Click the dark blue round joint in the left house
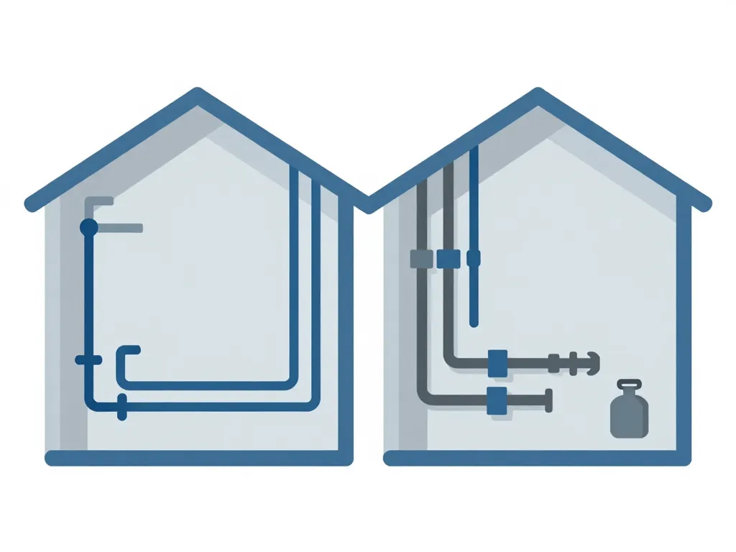click(x=88, y=228)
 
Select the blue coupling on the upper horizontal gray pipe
click(x=497, y=363)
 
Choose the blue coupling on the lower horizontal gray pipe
click(x=497, y=400)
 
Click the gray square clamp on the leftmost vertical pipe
click(x=421, y=259)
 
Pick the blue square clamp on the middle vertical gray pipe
click(x=448, y=258)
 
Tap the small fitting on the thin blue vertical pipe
click(x=473, y=257)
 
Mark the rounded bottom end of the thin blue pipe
click(x=473, y=323)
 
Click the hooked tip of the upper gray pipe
click(x=592, y=363)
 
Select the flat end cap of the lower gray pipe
click(x=549, y=400)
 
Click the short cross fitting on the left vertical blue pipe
click(x=88, y=359)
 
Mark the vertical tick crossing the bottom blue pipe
click(x=121, y=407)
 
